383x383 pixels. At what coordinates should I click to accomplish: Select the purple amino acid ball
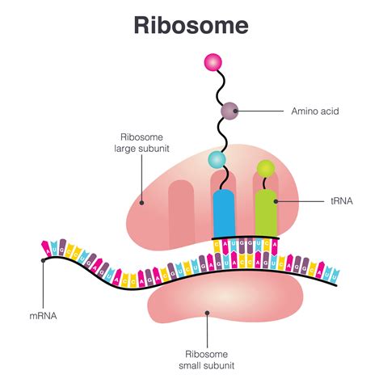click(229, 110)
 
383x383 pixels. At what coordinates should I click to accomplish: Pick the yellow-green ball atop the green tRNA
click(264, 170)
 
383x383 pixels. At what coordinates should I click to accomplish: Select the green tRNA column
click(267, 213)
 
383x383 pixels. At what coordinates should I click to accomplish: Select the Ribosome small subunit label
click(208, 360)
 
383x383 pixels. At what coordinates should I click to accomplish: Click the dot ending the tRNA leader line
click(276, 200)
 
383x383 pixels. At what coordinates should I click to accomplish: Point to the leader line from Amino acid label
click(263, 110)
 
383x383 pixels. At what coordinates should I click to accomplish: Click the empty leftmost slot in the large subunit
click(181, 206)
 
